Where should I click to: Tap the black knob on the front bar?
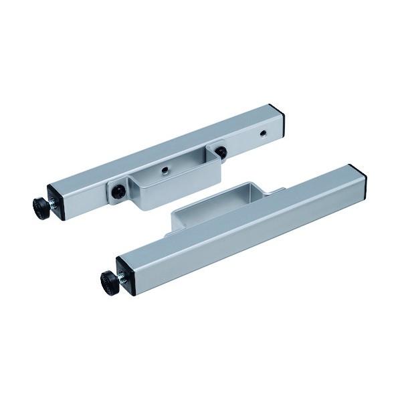click(x=110, y=282)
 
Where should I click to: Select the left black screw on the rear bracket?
click(x=118, y=191)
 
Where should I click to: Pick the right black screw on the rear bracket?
click(x=221, y=152)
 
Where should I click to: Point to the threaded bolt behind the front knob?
click(x=122, y=276)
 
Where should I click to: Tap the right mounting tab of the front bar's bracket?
click(x=276, y=192)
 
